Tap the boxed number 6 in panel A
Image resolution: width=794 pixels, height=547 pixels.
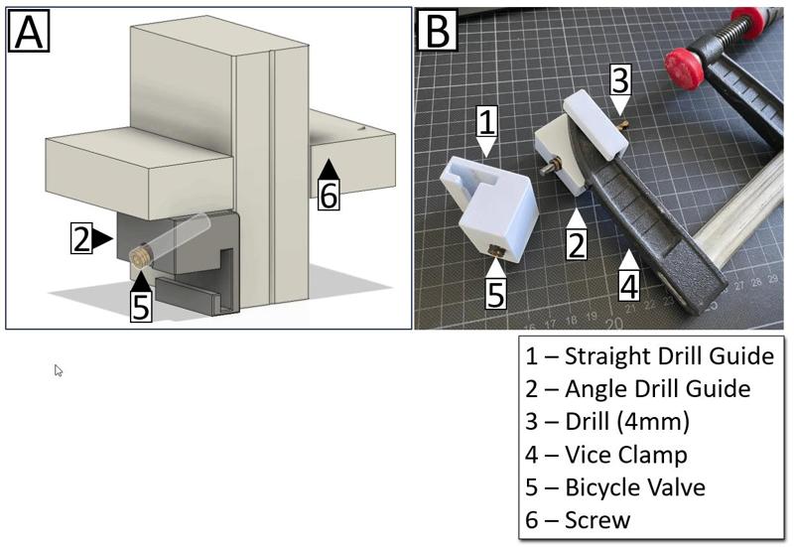click(329, 194)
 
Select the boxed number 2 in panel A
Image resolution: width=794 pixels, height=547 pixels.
click(81, 238)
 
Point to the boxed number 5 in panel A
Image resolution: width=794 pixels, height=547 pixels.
click(141, 306)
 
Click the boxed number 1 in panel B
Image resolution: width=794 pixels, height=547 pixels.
click(486, 123)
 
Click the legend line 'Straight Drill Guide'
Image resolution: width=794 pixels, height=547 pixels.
click(650, 355)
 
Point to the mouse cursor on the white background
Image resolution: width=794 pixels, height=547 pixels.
click(59, 370)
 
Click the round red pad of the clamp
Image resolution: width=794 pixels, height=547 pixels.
click(684, 68)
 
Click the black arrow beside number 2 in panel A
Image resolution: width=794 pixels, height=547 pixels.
click(103, 237)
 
